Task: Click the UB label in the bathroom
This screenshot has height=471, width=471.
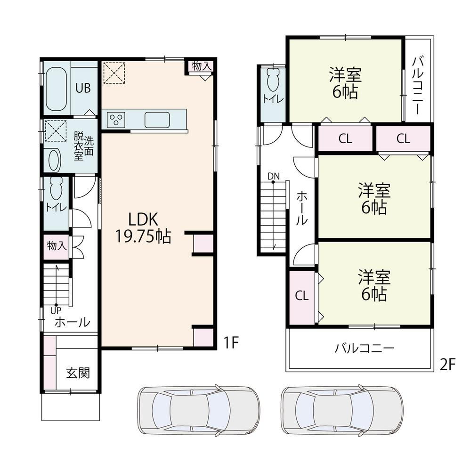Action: pyautogui.click(x=83, y=88)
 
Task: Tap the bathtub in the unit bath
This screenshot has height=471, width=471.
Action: pyautogui.click(x=56, y=89)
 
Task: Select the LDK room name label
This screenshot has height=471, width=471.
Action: pyautogui.click(x=143, y=219)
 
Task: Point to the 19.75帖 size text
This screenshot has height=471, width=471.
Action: pyautogui.click(x=143, y=236)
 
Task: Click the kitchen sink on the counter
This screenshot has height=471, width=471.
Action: pyautogui.click(x=157, y=120)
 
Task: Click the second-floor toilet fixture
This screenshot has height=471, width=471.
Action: pyautogui.click(x=273, y=79)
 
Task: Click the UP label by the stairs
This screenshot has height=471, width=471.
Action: pyautogui.click(x=56, y=310)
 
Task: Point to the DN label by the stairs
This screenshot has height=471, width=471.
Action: pyautogui.click(x=274, y=176)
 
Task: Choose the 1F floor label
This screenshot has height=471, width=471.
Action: pyautogui.click(x=231, y=342)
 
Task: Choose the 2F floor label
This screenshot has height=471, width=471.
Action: pyautogui.click(x=447, y=365)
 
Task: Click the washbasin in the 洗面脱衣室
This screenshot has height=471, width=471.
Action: pyautogui.click(x=54, y=160)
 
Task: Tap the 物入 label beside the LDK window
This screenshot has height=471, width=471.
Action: pyautogui.click(x=202, y=66)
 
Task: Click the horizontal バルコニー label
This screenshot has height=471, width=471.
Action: pyautogui.click(x=364, y=348)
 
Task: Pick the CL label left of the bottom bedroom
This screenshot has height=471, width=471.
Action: pyautogui.click(x=301, y=296)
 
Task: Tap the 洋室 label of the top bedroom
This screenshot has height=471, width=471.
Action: pyautogui.click(x=345, y=74)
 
